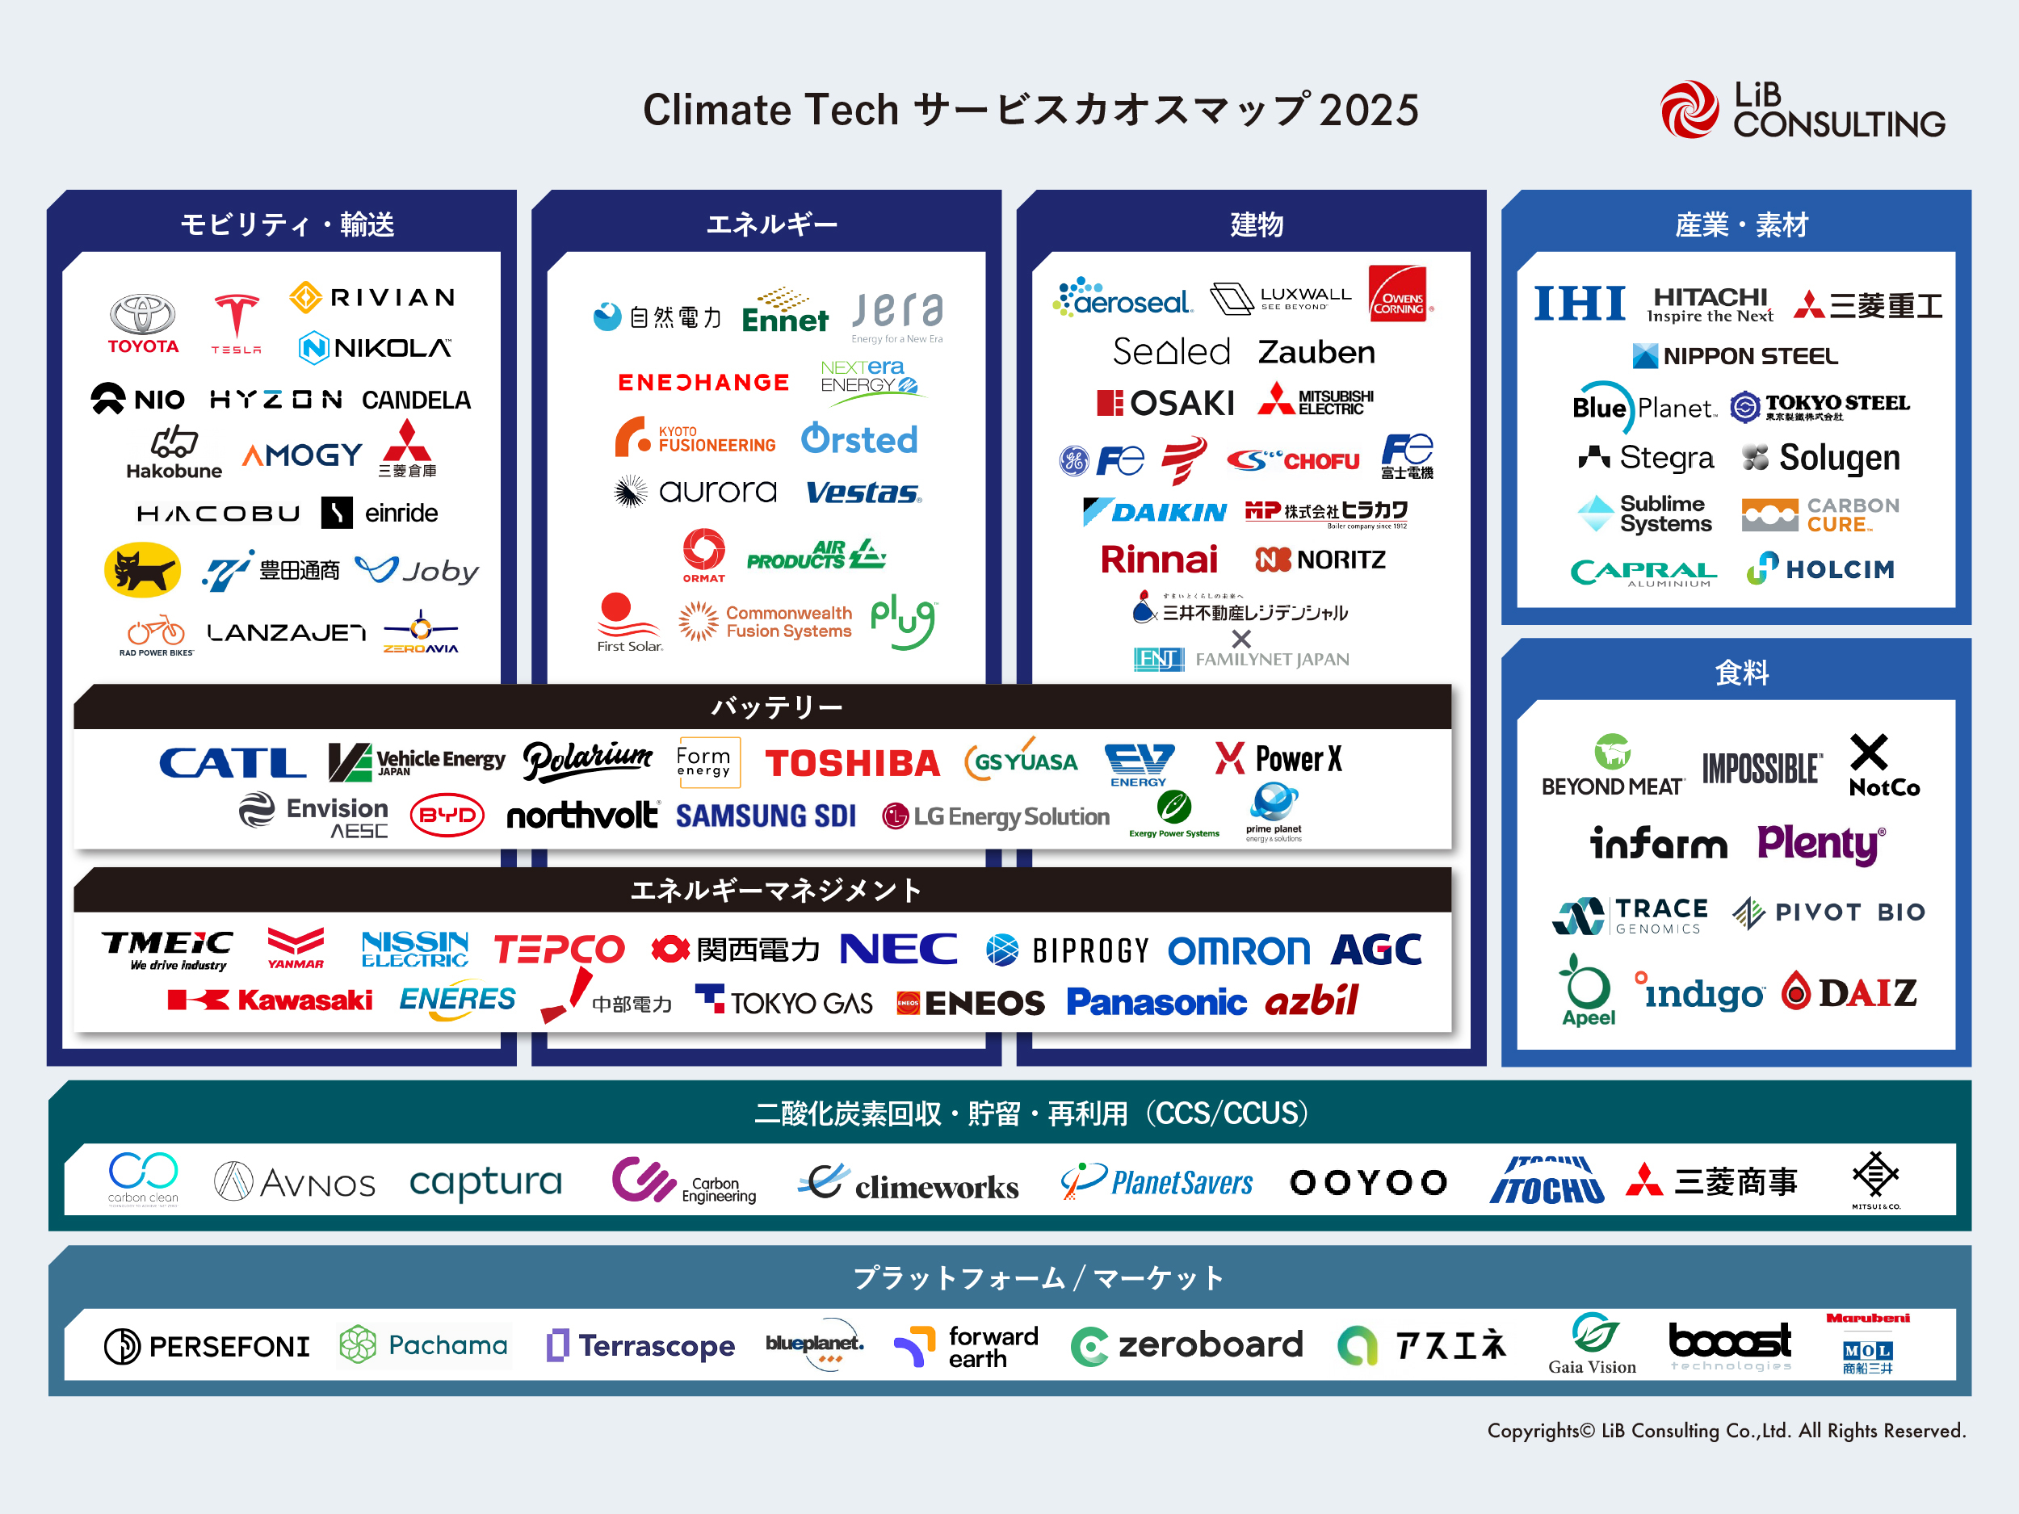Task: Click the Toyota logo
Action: pyautogui.click(x=142, y=323)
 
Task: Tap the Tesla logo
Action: pyautogui.click(x=236, y=323)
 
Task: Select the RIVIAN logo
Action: pyautogui.click(x=372, y=297)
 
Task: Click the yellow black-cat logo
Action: pyautogui.click(x=142, y=570)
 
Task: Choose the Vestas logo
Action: pyautogui.click(x=863, y=493)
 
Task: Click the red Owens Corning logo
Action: pyautogui.click(x=1398, y=294)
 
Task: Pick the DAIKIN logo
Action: pyautogui.click(x=1155, y=512)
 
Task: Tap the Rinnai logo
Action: pyautogui.click(x=1158, y=559)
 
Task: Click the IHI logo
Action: pyautogui.click(x=1579, y=303)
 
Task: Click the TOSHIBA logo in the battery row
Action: pyautogui.click(x=851, y=763)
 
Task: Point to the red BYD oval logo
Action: pyautogui.click(x=447, y=815)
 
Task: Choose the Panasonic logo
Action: pyautogui.click(x=1156, y=1002)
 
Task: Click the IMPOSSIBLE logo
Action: pyautogui.click(x=1761, y=769)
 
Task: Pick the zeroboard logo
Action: pyautogui.click(x=1186, y=1345)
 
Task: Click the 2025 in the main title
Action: pyautogui.click(x=1368, y=110)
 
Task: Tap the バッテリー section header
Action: pyautogui.click(x=776, y=707)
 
